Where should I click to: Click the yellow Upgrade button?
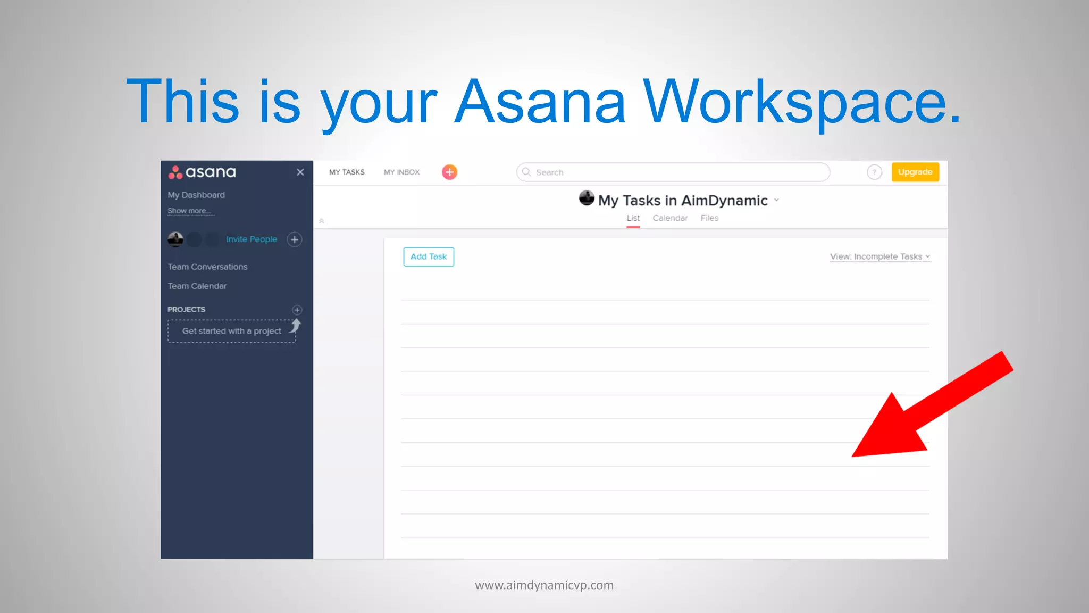915,172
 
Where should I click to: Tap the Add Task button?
429,256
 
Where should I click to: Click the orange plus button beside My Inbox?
449,172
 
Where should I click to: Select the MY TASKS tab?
347,172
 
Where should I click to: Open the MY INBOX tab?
401,172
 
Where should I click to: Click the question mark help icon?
874,172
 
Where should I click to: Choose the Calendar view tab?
670,218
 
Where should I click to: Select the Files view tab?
709,218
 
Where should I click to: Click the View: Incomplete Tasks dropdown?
880,256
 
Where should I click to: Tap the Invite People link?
251,239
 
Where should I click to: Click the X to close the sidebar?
300,172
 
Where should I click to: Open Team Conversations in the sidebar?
207,267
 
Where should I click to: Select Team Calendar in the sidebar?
197,286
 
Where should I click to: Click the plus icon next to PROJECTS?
297,310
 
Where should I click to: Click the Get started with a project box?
231,331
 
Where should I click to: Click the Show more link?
189,211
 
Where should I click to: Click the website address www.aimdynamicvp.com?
544,585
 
